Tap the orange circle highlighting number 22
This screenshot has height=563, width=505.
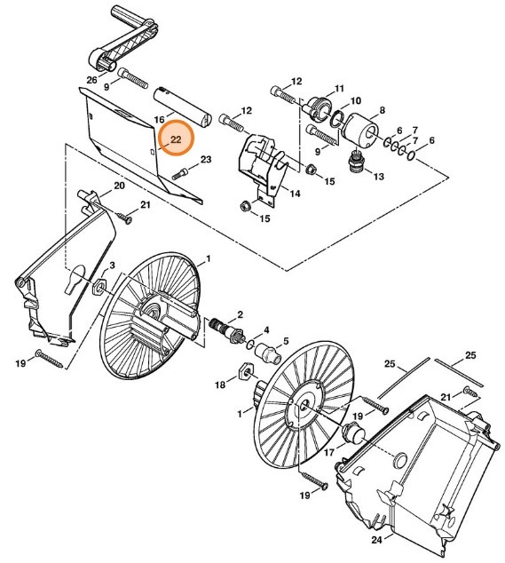pos(176,139)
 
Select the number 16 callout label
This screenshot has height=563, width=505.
pos(160,118)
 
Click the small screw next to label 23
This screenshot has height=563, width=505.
pos(182,172)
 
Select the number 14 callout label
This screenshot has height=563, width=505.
pos(295,192)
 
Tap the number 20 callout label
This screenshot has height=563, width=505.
pos(118,186)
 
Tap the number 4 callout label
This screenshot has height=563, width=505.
pos(265,329)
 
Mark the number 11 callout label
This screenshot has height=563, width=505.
pos(337,90)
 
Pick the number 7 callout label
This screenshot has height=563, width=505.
pos(414,131)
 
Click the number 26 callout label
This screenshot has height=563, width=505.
pos(91,81)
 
